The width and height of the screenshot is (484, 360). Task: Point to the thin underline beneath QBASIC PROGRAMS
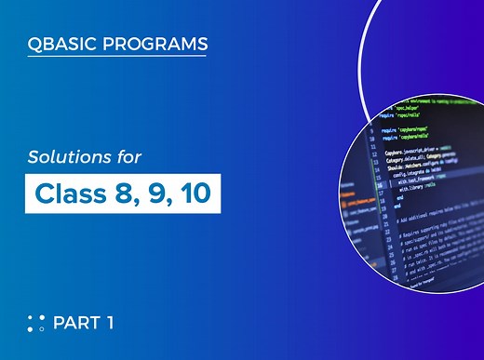tap(116, 57)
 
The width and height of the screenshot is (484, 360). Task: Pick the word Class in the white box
tap(67, 193)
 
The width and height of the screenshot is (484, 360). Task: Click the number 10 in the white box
tap(191, 193)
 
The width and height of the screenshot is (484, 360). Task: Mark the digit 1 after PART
tap(110, 323)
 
